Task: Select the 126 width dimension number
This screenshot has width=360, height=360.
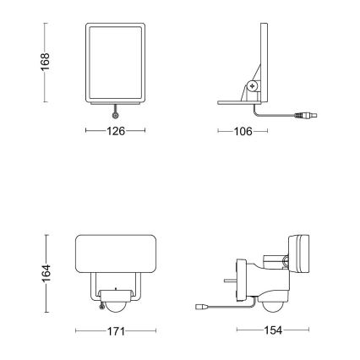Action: click(x=116, y=131)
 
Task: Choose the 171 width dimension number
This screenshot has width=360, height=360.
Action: click(x=116, y=330)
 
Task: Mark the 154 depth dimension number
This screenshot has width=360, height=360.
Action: click(x=269, y=330)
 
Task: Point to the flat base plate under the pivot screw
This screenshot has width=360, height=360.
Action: click(x=242, y=102)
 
